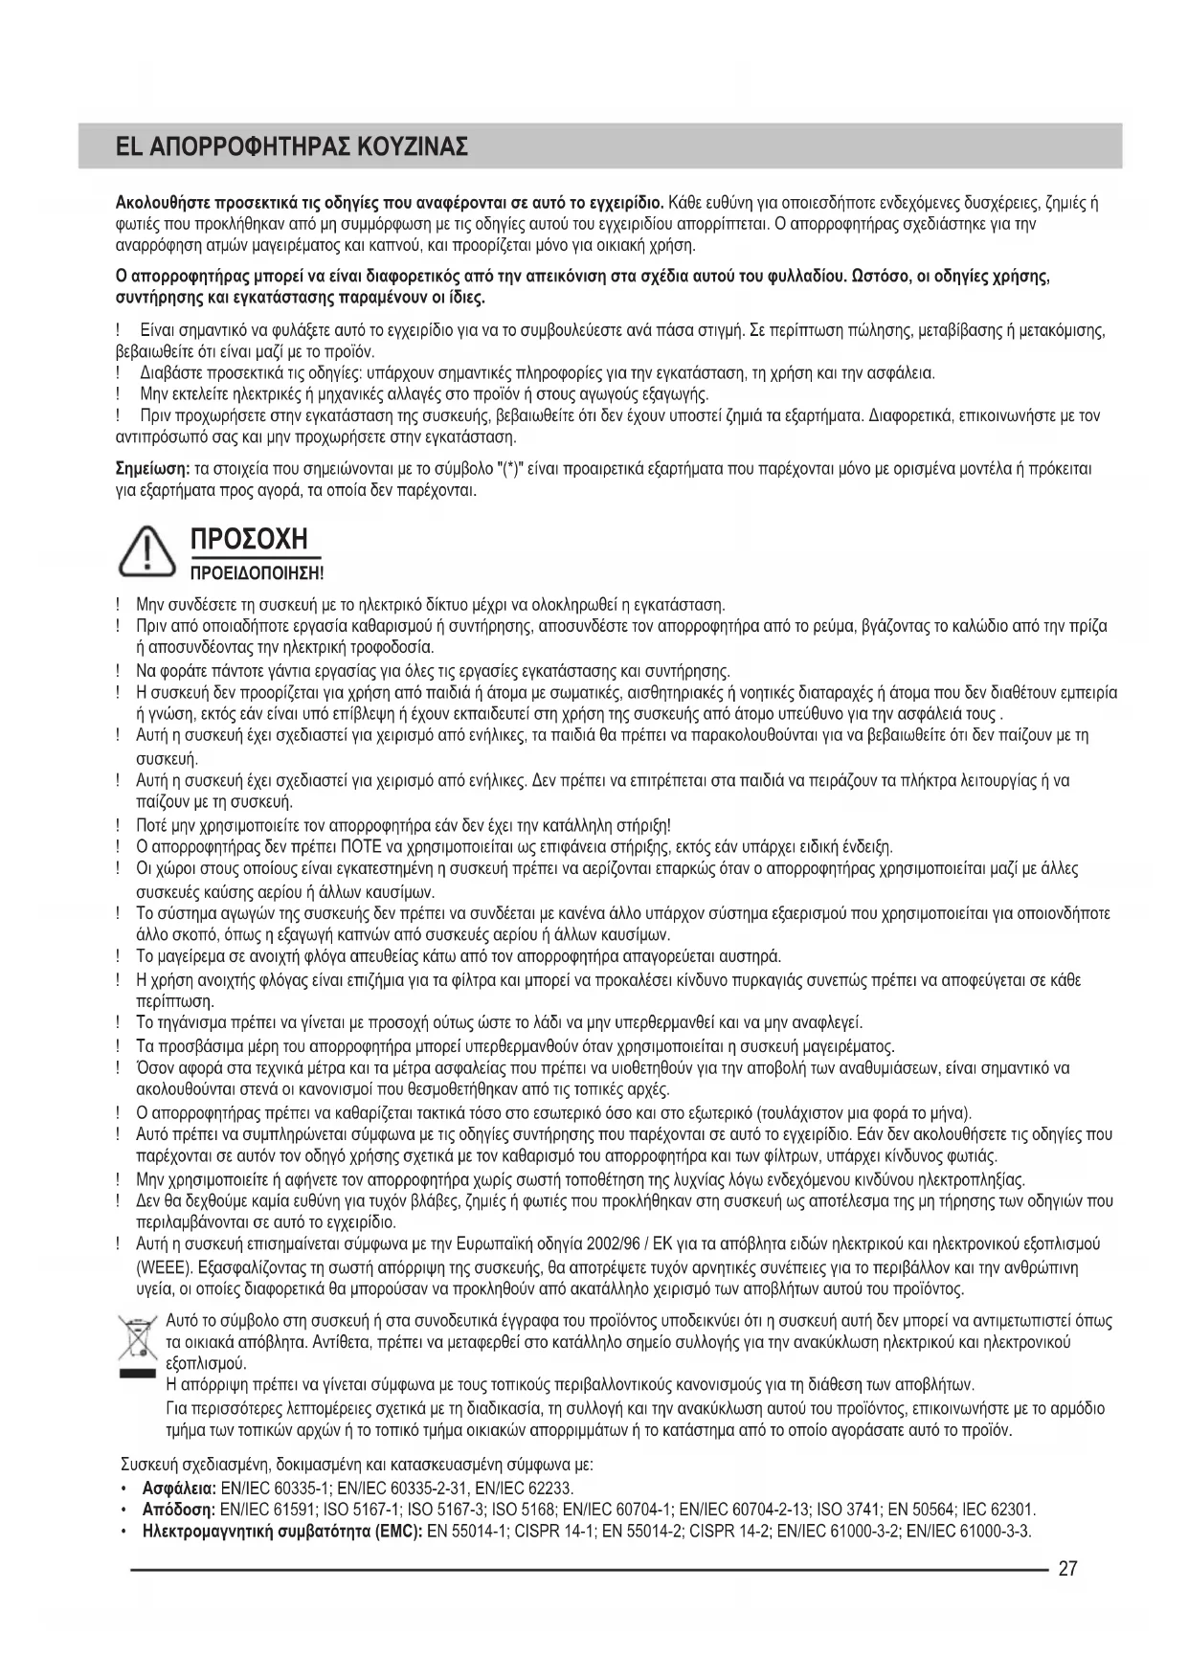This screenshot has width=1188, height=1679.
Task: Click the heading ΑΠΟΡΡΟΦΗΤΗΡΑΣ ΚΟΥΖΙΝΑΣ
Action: coord(305,147)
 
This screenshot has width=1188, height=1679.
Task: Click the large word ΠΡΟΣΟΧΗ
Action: coord(251,539)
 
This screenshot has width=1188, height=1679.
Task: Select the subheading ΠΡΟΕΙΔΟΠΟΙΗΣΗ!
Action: coord(258,573)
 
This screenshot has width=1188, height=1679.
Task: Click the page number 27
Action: coord(1068,1569)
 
